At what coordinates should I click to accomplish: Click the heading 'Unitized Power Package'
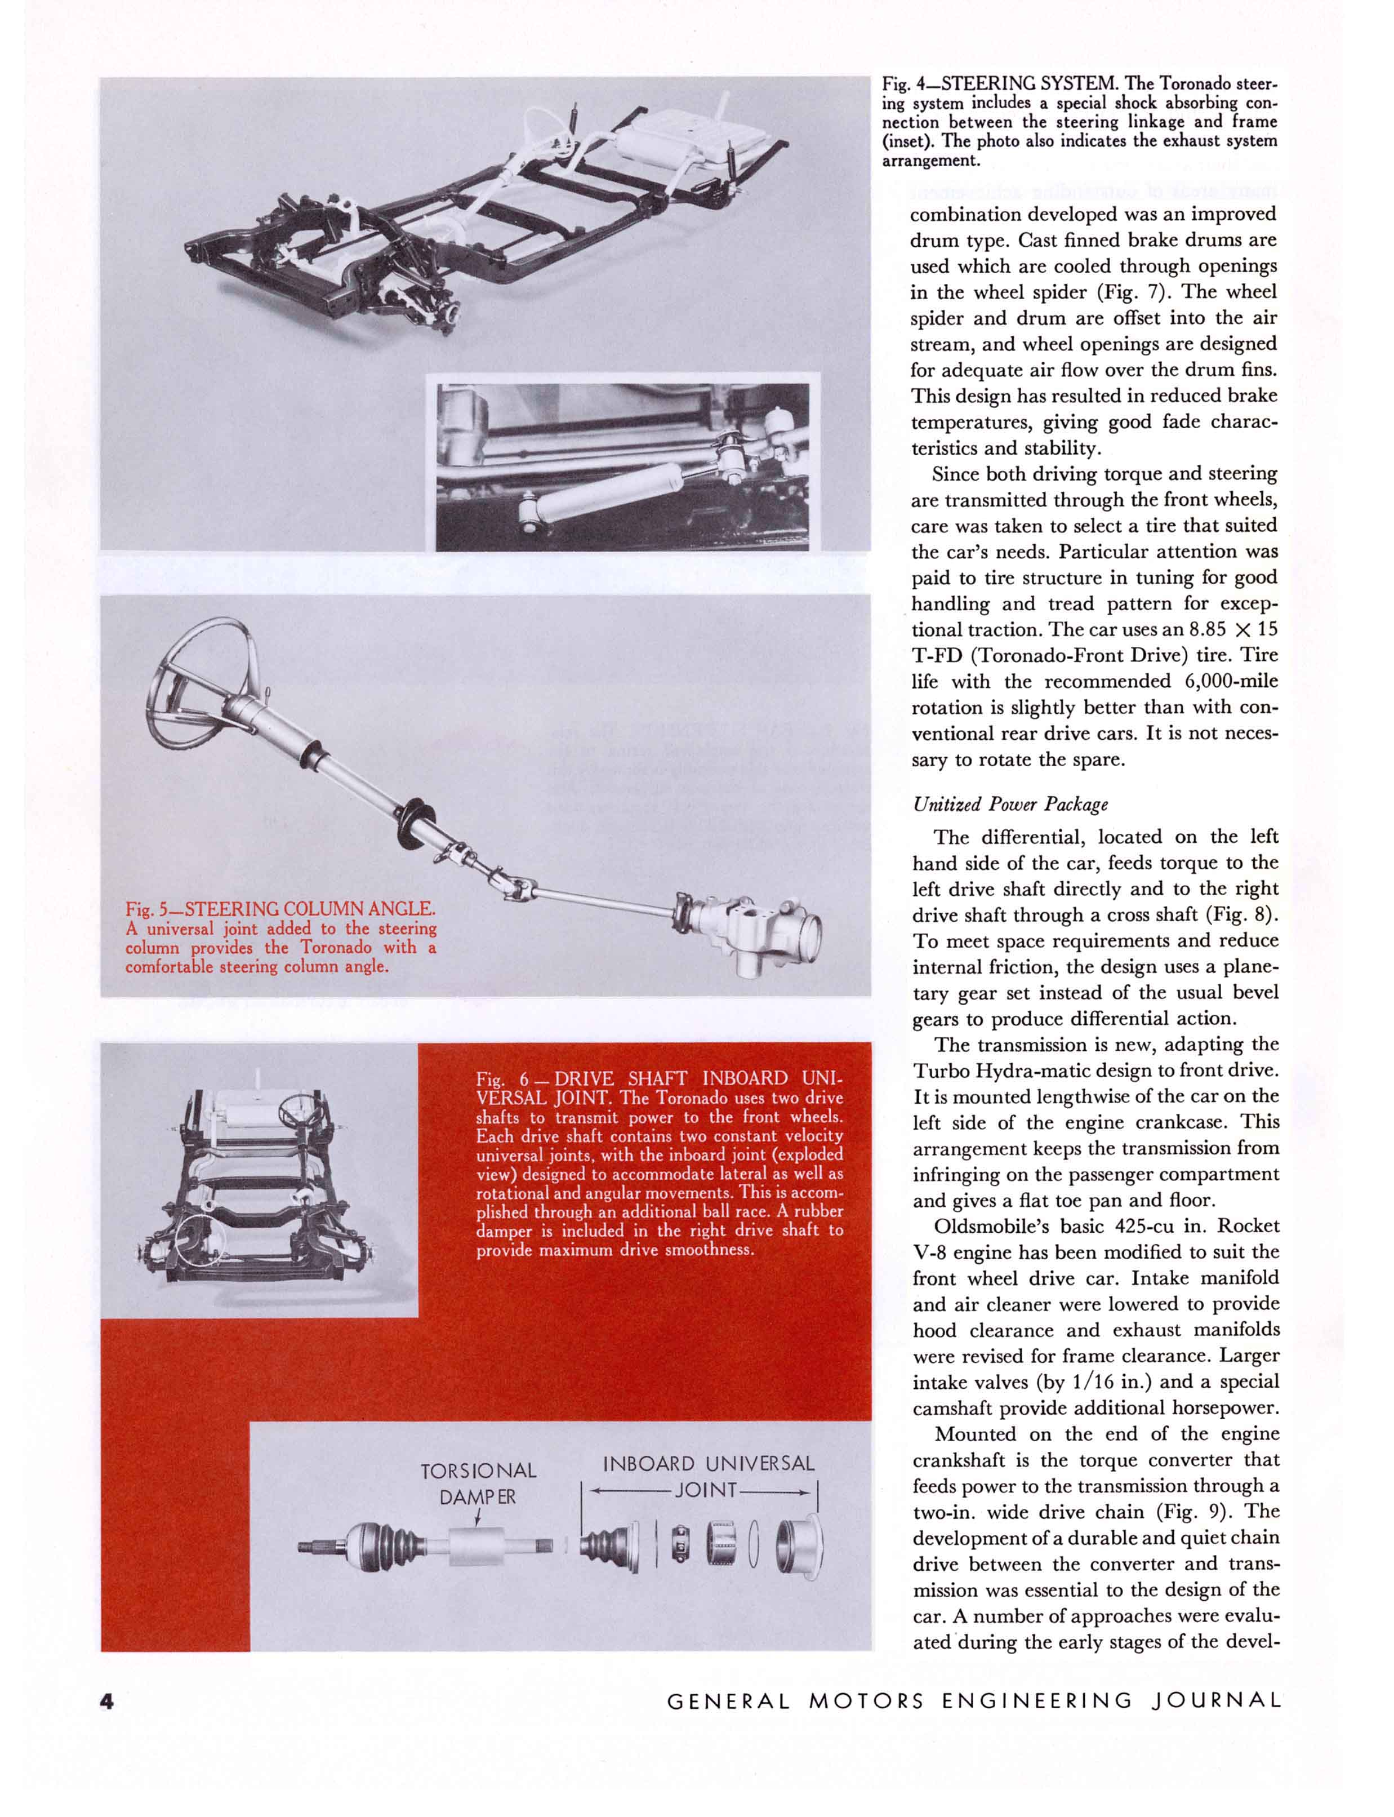[1010, 805]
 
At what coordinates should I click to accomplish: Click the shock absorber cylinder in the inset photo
[593, 494]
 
